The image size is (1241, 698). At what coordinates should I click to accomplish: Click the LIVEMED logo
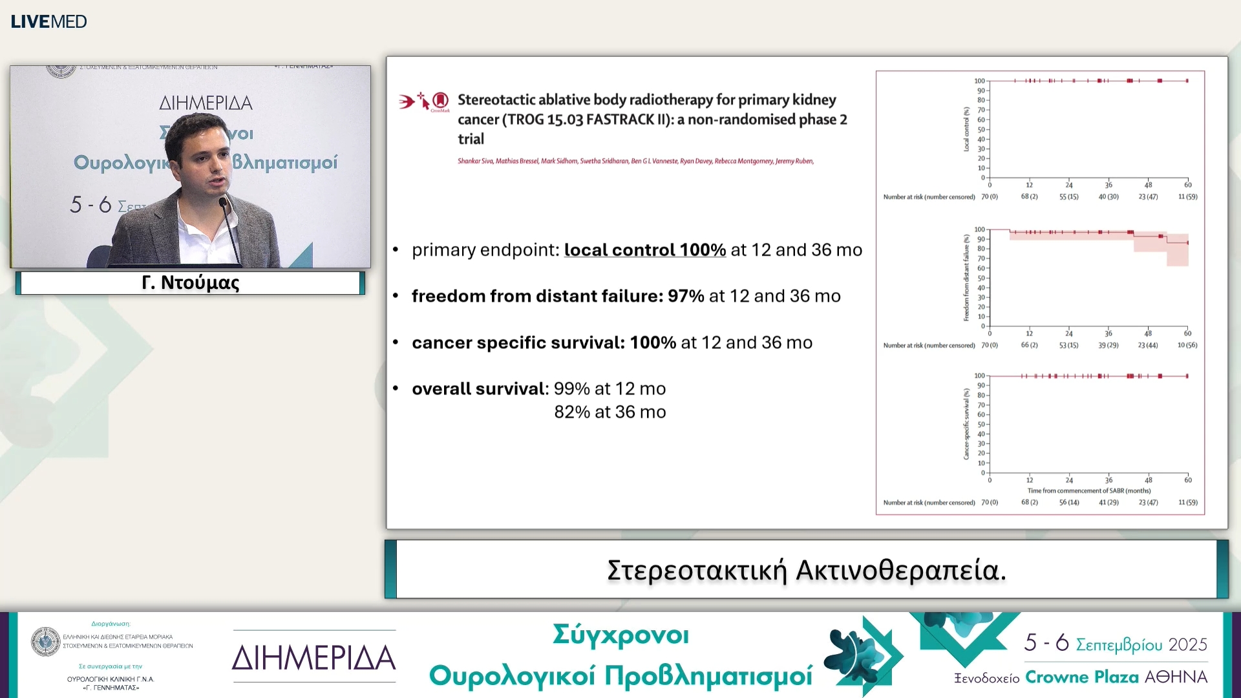[48, 21]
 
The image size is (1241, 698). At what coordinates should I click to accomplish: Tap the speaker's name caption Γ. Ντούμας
[190, 283]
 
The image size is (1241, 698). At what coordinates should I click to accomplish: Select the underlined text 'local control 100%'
[644, 250]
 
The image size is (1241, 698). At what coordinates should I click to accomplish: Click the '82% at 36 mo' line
[610, 412]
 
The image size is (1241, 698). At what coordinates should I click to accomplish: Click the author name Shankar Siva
[475, 161]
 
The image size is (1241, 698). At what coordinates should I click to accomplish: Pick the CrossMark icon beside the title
[440, 101]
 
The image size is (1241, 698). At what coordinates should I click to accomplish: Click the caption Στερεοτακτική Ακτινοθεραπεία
[806, 570]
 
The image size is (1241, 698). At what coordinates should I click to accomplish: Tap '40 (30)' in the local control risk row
[1108, 196]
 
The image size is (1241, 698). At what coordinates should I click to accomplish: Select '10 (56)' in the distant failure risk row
[1187, 345]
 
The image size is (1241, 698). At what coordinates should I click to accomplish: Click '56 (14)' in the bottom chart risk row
[1068, 502]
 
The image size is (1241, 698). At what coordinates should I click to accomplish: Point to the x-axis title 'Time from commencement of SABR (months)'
[1088, 491]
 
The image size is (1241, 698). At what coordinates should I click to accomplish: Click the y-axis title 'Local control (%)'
[966, 129]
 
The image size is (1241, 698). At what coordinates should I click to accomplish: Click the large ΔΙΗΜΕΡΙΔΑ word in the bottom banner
[313, 658]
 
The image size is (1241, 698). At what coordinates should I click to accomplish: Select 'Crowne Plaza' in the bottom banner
[1081, 677]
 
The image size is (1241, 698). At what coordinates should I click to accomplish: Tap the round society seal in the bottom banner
[45, 642]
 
